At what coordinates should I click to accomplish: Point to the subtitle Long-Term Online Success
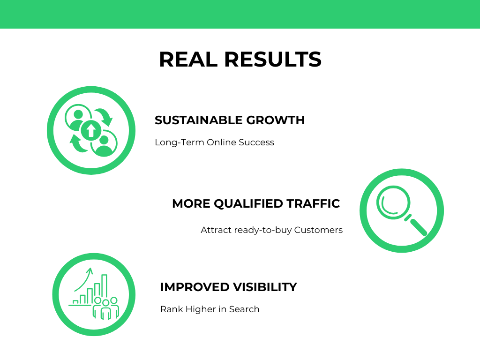214,142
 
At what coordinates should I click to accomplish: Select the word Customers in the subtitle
318,230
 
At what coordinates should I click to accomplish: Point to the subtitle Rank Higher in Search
210,309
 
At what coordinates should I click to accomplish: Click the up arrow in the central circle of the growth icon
91,130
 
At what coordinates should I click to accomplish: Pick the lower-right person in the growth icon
104,143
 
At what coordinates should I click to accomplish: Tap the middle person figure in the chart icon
105,309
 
